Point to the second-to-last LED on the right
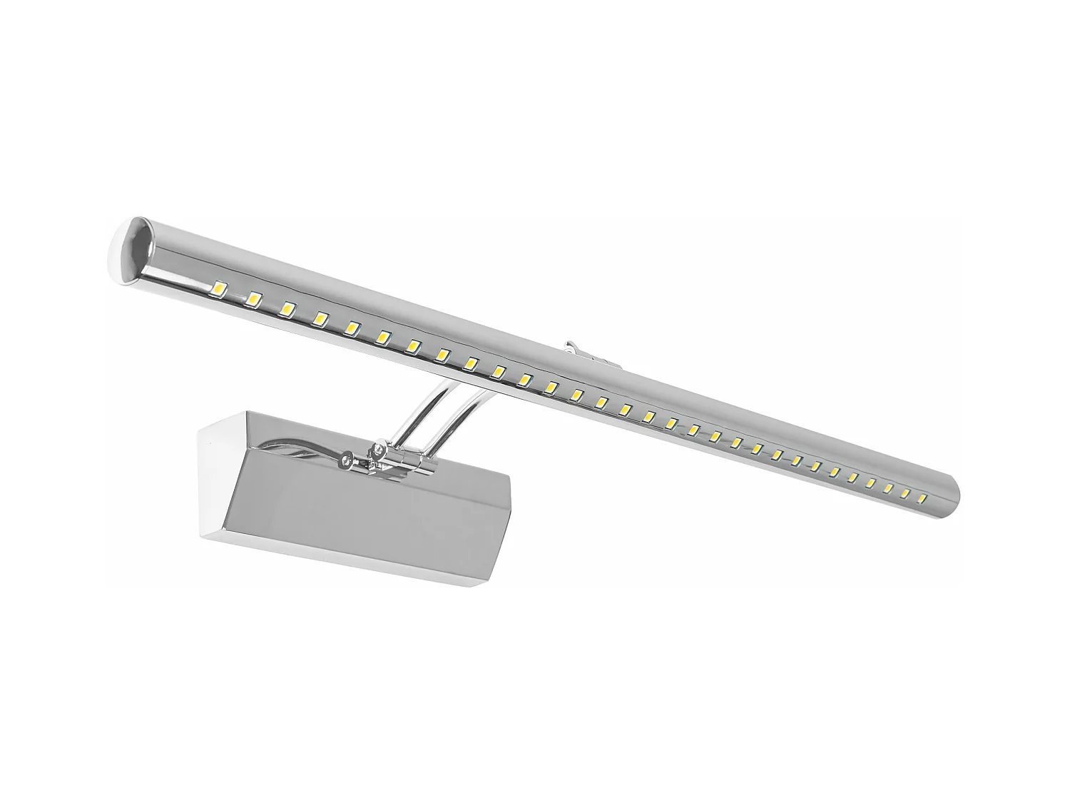(x=905, y=492)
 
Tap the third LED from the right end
(x=888, y=488)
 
